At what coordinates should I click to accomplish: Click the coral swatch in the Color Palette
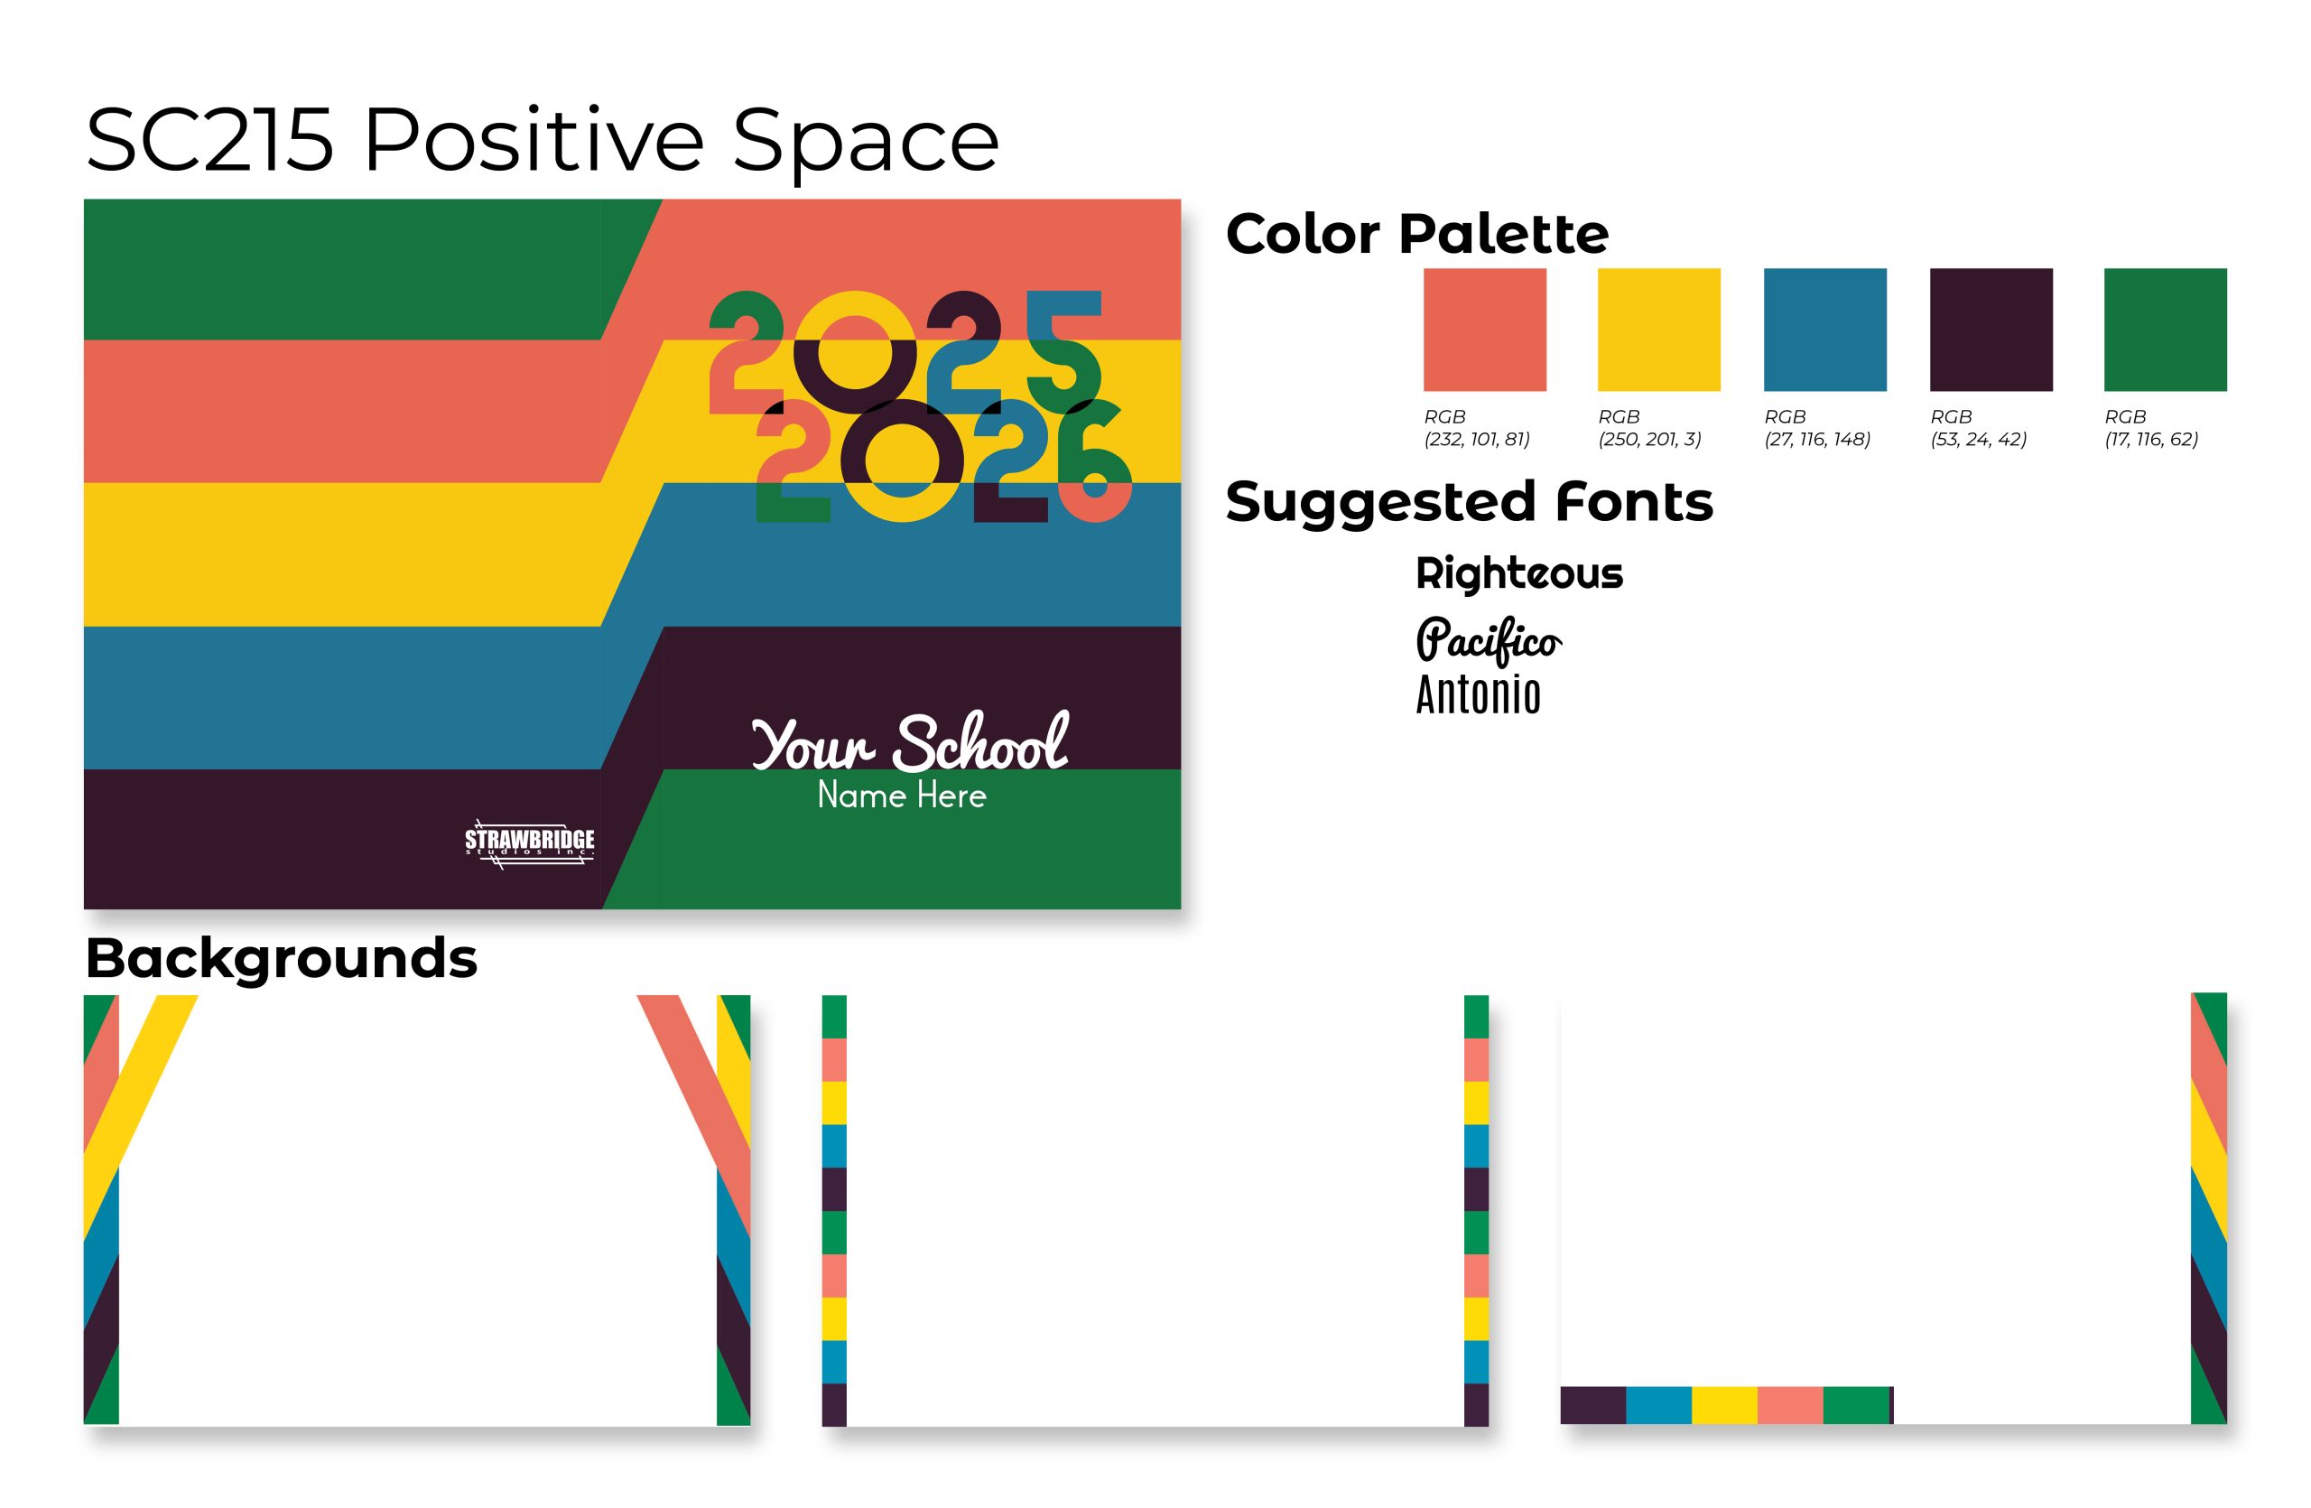[1485, 330]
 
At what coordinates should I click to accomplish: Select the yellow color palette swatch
[1658, 330]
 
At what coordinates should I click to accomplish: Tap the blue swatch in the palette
[1825, 330]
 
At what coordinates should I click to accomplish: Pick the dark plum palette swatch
[1991, 330]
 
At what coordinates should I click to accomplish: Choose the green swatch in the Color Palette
[2166, 330]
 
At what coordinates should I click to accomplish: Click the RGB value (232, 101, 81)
[1477, 439]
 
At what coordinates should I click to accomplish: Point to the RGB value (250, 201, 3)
[1649, 439]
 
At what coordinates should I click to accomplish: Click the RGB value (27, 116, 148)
[1818, 439]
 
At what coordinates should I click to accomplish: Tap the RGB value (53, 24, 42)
[1979, 439]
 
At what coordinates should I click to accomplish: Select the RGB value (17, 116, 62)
[2152, 439]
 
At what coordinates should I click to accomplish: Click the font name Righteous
[1519, 574]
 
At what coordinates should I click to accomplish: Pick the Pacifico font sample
[1489, 640]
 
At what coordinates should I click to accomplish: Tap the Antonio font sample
[1478, 695]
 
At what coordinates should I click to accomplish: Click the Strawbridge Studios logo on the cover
[529, 842]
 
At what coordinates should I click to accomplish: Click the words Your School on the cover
[910, 743]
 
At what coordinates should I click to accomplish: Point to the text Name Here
[902, 796]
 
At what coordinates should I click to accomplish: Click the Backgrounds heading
[282, 958]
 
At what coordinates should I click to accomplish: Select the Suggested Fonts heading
[1469, 502]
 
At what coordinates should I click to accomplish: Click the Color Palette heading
[1416, 235]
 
